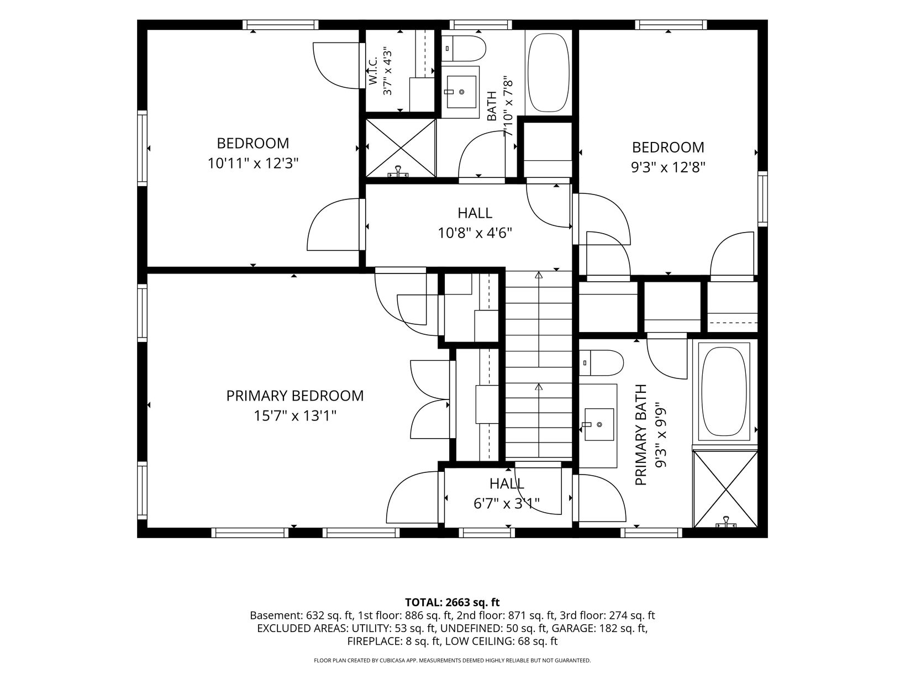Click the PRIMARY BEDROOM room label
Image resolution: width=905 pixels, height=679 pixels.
[295, 396]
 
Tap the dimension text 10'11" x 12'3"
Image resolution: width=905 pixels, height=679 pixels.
[252, 164]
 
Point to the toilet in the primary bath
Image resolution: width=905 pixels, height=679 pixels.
[601, 363]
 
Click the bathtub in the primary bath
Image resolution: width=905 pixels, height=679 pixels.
[724, 391]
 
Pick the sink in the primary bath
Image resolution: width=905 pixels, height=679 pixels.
[599, 425]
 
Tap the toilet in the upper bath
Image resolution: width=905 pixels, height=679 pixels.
[464, 48]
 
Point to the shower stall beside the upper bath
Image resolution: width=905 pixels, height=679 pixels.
[401, 148]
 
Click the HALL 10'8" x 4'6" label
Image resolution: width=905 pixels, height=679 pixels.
[475, 223]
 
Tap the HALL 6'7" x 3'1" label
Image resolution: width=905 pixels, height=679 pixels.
[507, 493]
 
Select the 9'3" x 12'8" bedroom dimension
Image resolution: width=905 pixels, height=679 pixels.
[669, 167]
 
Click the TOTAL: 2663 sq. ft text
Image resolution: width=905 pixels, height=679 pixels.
[453, 603]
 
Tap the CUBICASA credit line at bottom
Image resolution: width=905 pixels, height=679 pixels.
[453, 660]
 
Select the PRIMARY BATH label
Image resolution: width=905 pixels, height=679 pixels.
[641, 435]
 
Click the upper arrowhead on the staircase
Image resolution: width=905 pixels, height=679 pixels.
[539, 275]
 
